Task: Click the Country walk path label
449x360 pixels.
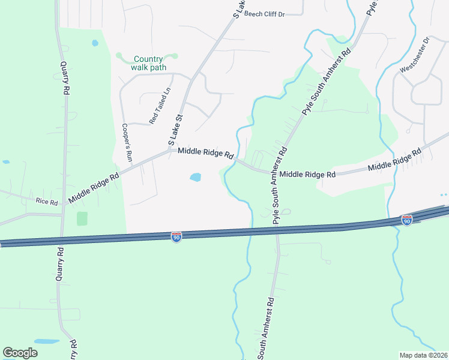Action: [148, 63]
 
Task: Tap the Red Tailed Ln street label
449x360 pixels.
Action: [160, 106]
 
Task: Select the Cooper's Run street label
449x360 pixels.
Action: [127, 141]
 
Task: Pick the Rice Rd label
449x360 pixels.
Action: [46, 202]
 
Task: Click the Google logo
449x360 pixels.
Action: [20, 353]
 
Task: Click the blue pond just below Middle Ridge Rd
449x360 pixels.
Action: [195, 177]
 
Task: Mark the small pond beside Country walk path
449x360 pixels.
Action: [95, 43]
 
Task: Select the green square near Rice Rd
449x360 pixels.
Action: [82, 218]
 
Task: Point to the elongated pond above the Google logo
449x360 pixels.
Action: [46, 341]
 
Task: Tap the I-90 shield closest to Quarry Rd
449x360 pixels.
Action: [176, 236]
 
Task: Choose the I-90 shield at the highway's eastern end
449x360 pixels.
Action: [407, 221]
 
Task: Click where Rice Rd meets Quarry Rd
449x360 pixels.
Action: [62, 205]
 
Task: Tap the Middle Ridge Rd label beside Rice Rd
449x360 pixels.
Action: [94, 185]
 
